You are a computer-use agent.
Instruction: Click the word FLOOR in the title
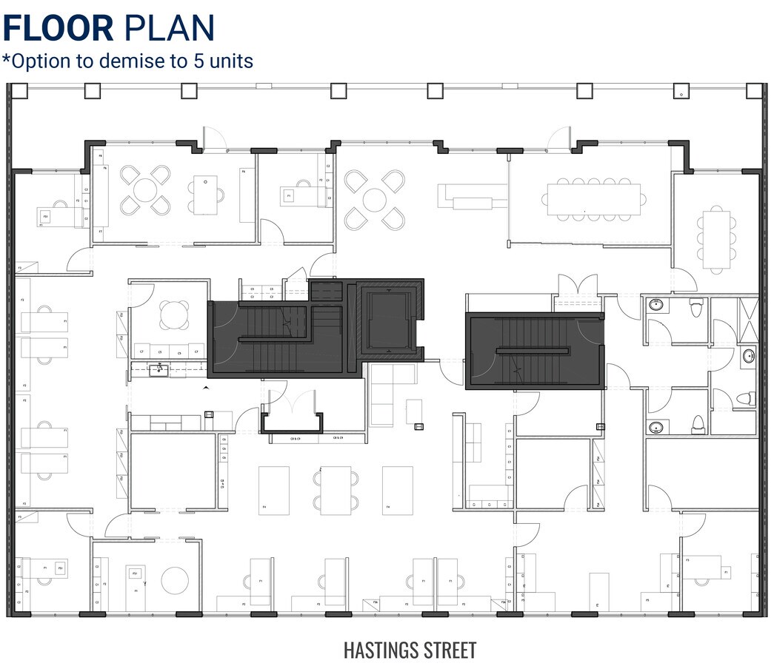[58, 27]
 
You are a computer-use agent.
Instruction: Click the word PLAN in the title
[169, 27]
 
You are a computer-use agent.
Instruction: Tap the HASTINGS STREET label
[410, 650]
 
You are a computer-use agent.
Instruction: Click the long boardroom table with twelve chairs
[594, 198]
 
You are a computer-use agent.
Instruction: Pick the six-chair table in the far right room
[716, 239]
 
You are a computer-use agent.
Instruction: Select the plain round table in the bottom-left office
[176, 579]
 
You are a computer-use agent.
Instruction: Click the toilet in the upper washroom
[696, 307]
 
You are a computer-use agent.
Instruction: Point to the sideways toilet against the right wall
[745, 400]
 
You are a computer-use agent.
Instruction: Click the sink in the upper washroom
[656, 305]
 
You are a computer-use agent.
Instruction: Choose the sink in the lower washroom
[656, 427]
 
